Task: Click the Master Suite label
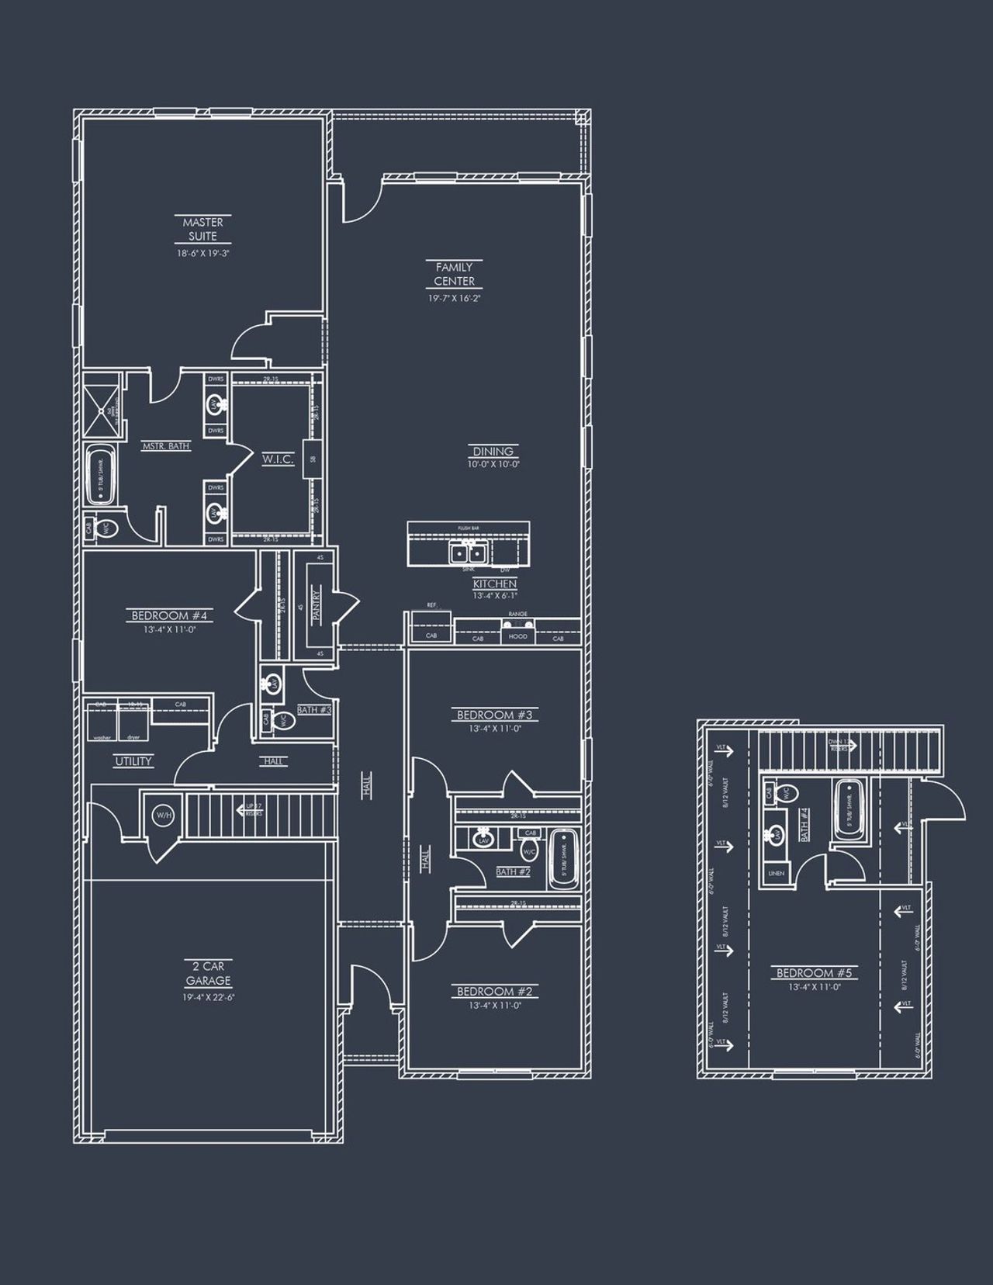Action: point(202,229)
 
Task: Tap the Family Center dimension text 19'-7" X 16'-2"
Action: point(455,298)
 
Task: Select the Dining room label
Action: point(493,451)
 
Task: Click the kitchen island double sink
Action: point(468,552)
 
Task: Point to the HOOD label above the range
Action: point(517,636)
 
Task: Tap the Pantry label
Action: point(317,605)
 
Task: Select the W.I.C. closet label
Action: point(278,459)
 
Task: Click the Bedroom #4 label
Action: point(170,616)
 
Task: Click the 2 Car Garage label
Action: point(208,973)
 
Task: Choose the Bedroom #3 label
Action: point(495,715)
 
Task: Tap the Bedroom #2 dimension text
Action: point(493,1006)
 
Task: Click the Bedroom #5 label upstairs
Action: point(815,972)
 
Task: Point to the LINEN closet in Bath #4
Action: point(776,872)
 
